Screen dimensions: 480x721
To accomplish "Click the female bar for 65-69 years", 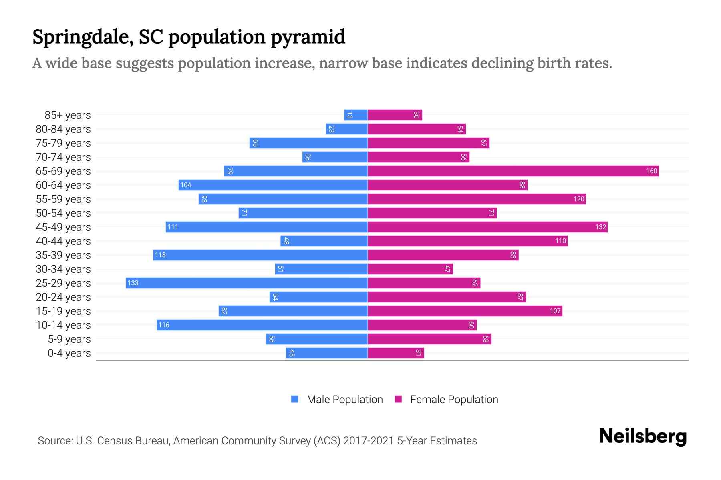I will (x=513, y=171).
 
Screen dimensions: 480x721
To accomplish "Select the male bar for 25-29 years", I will (x=247, y=283).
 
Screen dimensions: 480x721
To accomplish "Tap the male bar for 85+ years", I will (x=356, y=115).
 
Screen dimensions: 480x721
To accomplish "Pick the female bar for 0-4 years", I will (x=395, y=353).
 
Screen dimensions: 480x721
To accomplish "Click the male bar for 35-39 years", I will (x=260, y=255).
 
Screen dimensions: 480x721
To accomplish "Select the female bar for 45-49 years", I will (x=487, y=227).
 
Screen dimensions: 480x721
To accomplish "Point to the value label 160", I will (x=651, y=171).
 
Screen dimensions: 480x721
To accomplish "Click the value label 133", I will (x=133, y=283).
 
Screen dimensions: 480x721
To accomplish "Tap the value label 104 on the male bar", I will (x=186, y=185).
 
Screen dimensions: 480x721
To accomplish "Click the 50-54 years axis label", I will (x=63, y=213).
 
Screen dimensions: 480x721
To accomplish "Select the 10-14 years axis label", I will (x=63, y=325).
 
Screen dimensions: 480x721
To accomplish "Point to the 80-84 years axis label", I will (x=63, y=129).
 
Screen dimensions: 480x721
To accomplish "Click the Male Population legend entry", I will (x=344, y=400).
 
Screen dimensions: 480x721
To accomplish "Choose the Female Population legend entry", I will (x=454, y=400).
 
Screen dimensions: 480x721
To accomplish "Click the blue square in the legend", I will (x=295, y=399).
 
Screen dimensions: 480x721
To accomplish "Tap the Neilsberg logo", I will (x=642, y=436).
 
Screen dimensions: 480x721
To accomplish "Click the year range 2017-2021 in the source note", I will (x=369, y=441).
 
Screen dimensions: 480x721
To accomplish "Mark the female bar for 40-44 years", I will (x=467, y=241).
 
